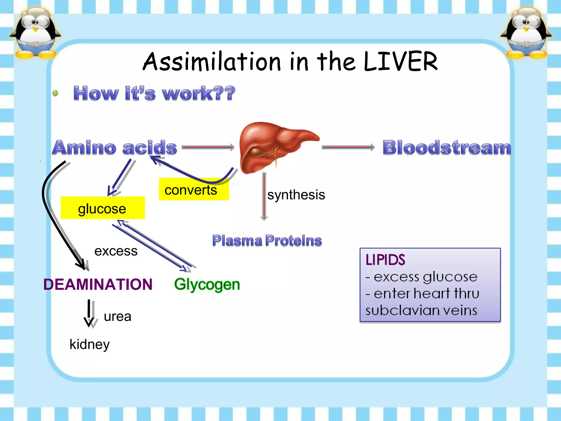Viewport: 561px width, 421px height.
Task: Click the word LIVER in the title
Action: point(400,62)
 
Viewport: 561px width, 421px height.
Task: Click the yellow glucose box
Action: point(103,208)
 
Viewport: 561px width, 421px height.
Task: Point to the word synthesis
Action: point(296,195)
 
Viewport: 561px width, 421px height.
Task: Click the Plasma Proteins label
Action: point(267,241)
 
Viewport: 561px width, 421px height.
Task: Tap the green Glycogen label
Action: point(207,284)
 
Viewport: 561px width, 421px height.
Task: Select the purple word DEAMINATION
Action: point(98,284)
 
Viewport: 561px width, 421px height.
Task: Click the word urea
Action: point(118,317)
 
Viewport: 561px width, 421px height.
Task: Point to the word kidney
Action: point(90,344)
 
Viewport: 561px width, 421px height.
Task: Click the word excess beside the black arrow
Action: point(116,251)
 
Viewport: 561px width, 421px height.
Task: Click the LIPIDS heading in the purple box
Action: point(385,260)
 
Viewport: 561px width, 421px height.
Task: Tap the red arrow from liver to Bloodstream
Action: point(348,147)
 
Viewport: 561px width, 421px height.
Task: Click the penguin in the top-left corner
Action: point(35,33)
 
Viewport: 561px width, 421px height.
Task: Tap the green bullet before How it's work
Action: point(55,93)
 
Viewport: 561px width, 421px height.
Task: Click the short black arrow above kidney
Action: point(89,312)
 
